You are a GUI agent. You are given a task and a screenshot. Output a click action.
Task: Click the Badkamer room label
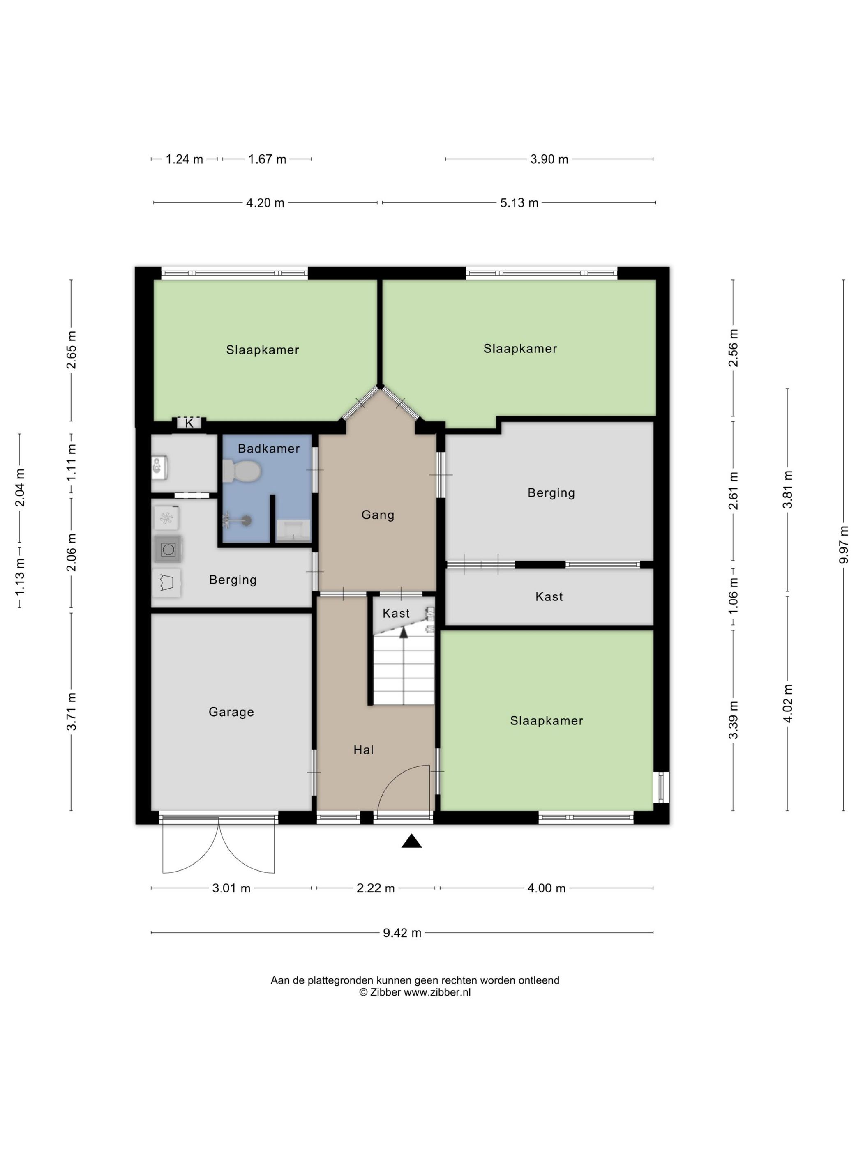pos(268,448)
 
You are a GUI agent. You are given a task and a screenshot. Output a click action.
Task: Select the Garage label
pos(231,712)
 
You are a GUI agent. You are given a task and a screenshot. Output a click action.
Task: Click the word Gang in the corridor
pos(378,515)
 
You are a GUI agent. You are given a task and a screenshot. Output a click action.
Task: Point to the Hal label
pos(363,750)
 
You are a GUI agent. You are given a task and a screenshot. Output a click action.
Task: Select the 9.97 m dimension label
pos(844,544)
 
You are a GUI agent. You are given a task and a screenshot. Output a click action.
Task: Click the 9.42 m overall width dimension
pos(402,933)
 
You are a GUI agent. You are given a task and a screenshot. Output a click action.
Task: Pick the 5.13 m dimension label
pos(519,203)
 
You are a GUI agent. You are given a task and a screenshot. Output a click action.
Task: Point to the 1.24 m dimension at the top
pos(184,159)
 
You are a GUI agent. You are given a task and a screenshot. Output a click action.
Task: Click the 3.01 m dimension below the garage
pos(231,888)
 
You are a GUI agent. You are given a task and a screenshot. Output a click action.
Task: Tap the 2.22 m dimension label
pos(376,888)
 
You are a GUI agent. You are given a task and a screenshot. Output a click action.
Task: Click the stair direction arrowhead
pos(403,632)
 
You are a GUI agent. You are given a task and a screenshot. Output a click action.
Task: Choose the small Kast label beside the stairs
pos(396,614)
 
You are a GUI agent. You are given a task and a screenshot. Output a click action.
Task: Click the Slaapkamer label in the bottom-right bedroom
pos(546,720)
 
